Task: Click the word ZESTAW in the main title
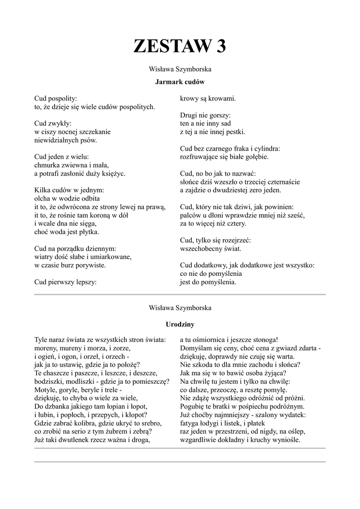(168, 46)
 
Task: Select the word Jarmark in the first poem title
(169, 81)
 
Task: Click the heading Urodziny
(180, 324)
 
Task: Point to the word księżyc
(112, 173)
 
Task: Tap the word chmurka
(48, 165)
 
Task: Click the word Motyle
(46, 389)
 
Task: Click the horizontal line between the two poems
(180, 295)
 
